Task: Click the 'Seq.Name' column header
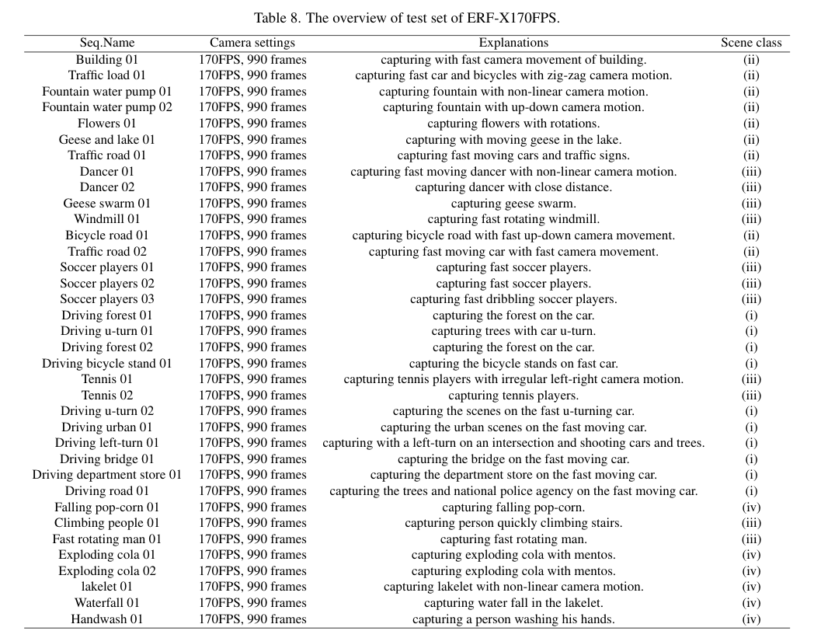[107, 43]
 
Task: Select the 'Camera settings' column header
[252, 43]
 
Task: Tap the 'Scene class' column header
[751, 43]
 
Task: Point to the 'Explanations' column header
[513, 43]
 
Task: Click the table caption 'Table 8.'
[277, 18]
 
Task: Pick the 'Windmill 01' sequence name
[107, 218]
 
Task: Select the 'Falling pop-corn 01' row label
[107, 507]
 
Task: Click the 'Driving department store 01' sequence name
[107, 475]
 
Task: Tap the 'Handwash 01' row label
[107, 619]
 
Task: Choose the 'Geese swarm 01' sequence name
[107, 203]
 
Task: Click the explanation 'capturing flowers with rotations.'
[513, 123]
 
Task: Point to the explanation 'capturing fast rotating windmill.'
[513, 218]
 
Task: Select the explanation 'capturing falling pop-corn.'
[513, 507]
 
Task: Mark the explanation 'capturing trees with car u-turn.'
[513, 331]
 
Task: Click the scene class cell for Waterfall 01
[751, 603]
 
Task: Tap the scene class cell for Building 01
[751, 59]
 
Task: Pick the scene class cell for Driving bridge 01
[751, 458]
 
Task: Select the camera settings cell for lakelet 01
[252, 587]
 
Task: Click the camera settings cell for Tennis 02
[252, 395]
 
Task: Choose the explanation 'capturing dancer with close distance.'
[513, 187]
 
